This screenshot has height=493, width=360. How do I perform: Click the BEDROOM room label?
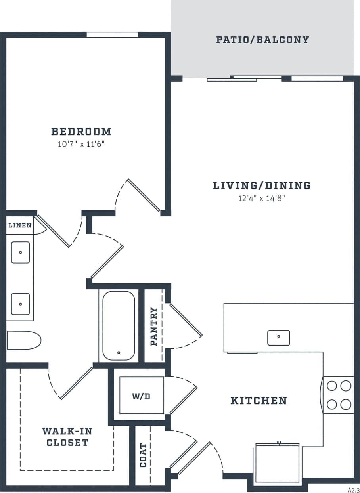pos(81,131)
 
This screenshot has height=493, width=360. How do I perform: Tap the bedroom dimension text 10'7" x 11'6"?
pos(81,144)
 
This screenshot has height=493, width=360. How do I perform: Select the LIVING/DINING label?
pos(262,185)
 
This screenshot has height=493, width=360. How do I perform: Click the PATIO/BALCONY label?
pos(262,40)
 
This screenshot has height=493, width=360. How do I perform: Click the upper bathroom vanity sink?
pos(20,252)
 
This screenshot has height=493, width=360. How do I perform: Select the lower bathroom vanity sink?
pos(20,304)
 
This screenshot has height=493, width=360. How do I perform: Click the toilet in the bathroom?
pos(24,340)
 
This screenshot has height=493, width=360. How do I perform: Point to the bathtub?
pos(119,325)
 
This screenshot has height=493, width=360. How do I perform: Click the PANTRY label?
pos(154,327)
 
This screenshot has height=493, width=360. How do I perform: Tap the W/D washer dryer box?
pos(142,396)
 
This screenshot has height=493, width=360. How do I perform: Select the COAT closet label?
pos(143,455)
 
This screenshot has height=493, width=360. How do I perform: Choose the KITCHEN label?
pos(259,401)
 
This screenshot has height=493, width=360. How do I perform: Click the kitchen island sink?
pos(278,337)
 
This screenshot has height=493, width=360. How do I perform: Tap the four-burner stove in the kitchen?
pos(339,395)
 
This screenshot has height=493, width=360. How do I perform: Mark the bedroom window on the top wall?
pos(112,35)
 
